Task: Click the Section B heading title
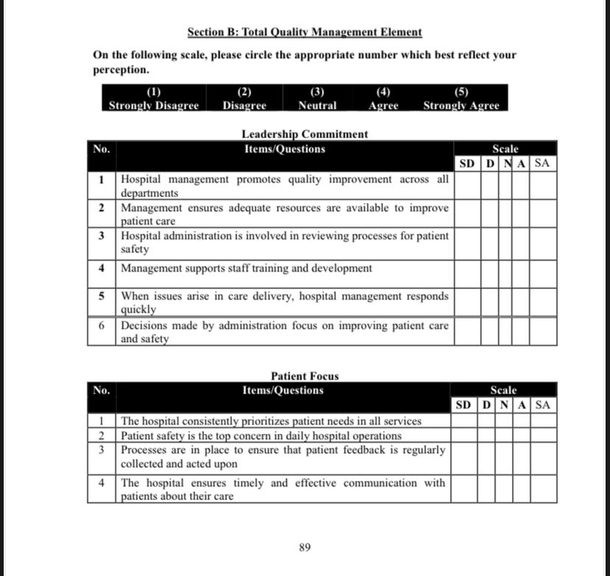(304, 32)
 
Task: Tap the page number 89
(305, 547)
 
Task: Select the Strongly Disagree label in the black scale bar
(154, 105)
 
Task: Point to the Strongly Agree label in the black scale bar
(461, 105)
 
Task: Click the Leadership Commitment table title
(304, 134)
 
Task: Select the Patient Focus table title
(305, 376)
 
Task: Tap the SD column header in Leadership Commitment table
(467, 163)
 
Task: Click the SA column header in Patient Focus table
(543, 405)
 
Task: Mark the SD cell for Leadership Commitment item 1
(467, 185)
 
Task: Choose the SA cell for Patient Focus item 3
(543, 457)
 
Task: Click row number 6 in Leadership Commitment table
(101, 325)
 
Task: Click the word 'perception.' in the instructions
(121, 70)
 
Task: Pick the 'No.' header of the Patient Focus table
(102, 391)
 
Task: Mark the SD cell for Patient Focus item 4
(463, 489)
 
